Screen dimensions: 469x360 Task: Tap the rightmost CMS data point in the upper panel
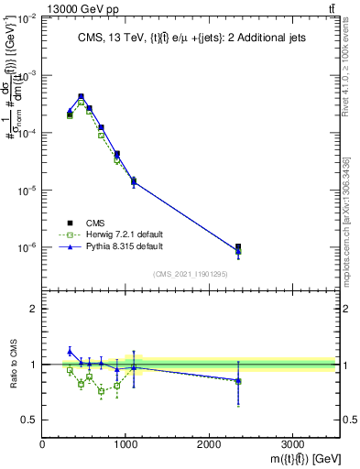(238, 247)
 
